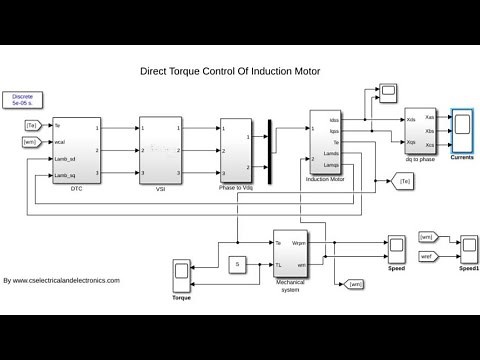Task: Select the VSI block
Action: coord(160,150)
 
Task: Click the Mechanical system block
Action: coord(294,256)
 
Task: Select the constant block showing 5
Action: coord(238,263)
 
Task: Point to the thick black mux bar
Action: coord(270,147)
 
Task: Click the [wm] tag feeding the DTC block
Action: coord(32,142)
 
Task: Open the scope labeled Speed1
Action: coord(470,245)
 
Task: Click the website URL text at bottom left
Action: coord(62,280)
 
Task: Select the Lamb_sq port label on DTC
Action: coord(67,175)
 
